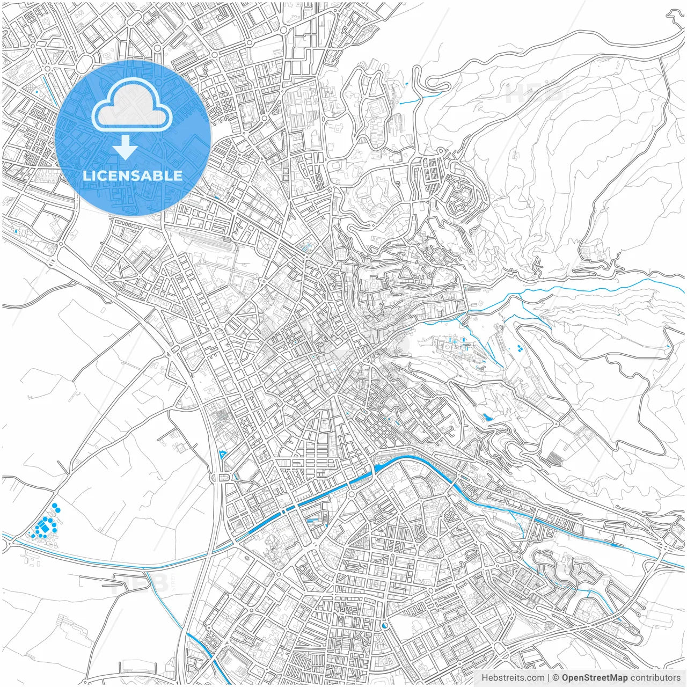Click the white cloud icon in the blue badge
[x=132, y=104]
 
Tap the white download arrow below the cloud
[x=125, y=148]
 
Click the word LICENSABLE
[x=133, y=176]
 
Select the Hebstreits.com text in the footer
[x=512, y=678]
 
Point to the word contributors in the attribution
[x=655, y=678]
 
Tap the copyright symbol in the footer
[x=556, y=678]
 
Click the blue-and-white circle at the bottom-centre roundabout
[x=384, y=625]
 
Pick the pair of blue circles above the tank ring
[x=56, y=508]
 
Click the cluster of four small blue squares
[x=520, y=348]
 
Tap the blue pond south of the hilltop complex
[x=487, y=416]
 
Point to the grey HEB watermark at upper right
[x=534, y=94]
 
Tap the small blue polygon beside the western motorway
[x=223, y=455]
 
